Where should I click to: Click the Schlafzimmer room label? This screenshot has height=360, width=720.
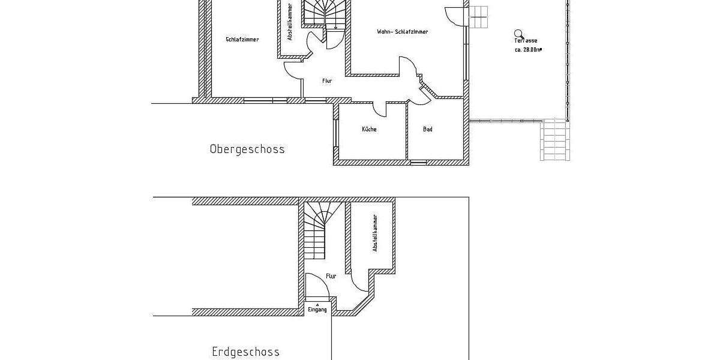coord(242,40)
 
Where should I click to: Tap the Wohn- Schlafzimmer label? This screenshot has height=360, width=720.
coord(403,32)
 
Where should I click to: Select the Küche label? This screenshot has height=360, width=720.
coord(369,130)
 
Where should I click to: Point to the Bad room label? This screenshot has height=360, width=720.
coord(428,130)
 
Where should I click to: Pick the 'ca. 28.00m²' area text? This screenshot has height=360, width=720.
coord(528,50)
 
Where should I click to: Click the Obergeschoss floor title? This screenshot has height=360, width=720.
coord(247,149)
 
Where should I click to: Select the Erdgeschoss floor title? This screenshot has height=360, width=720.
coord(245,352)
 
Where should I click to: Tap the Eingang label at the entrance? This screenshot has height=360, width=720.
coord(317,310)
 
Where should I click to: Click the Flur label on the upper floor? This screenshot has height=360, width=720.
coord(327,80)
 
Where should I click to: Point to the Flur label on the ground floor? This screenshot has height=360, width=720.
coord(331,276)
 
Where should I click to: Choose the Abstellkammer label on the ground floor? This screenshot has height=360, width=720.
coord(375,233)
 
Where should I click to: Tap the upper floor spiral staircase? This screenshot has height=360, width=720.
coord(325,13)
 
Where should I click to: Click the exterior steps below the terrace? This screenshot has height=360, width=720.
coord(553,139)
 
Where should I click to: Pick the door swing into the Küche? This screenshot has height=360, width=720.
coord(380,109)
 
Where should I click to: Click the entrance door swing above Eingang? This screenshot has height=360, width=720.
coord(316,286)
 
